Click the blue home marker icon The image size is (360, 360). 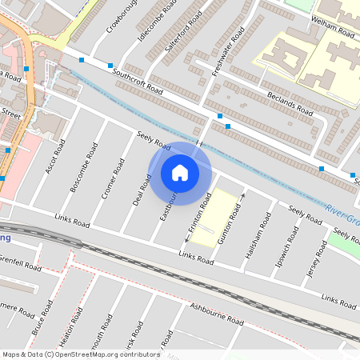tap(180, 172)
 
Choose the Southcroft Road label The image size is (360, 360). tap(138, 81)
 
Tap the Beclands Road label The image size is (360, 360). tap(292, 103)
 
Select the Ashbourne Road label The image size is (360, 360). tap(216, 313)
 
